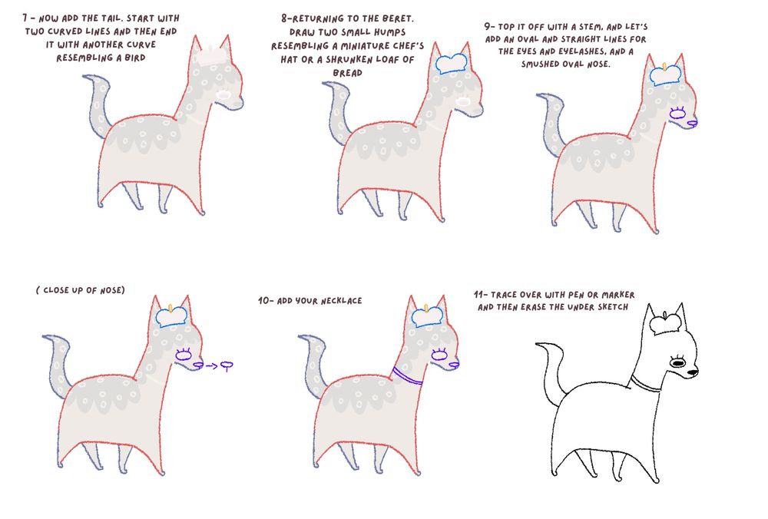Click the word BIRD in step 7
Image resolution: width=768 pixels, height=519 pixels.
pyautogui.click(x=134, y=58)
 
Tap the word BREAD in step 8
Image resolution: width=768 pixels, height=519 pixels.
pyautogui.click(x=348, y=73)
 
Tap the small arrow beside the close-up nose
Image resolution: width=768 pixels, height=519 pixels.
pyautogui.click(x=212, y=365)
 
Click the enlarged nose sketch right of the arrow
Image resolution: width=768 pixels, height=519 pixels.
pyautogui.click(x=227, y=365)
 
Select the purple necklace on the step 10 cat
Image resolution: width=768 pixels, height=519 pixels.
pyautogui.click(x=407, y=376)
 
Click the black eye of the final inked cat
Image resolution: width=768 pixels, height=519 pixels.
pyautogui.click(x=678, y=363)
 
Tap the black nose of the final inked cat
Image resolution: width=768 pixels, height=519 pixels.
pyautogui.click(x=692, y=373)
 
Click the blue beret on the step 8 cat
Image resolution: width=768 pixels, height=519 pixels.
pyautogui.click(x=451, y=64)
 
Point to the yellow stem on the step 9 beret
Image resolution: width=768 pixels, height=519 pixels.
pyautogui.click(x=664, y=67)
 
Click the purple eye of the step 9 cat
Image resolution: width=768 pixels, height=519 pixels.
pyautogui.click(x=677, y=114)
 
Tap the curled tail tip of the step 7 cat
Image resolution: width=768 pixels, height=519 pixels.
pyautogui.click(x=90, y=77)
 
